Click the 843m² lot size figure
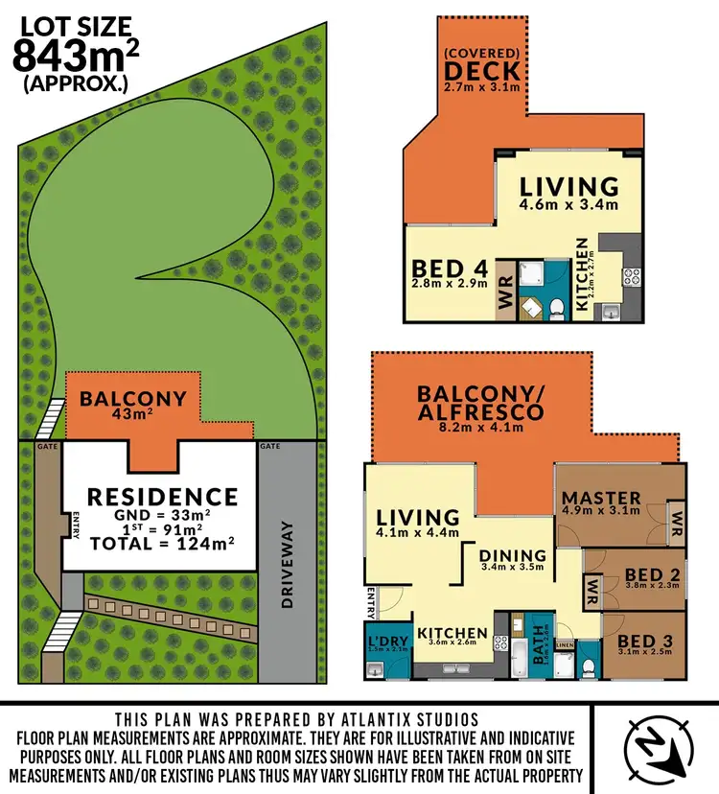click(x=75, y=57)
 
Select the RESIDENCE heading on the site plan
click(x=162, y=496)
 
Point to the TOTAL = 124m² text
click(x=162, y=543)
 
